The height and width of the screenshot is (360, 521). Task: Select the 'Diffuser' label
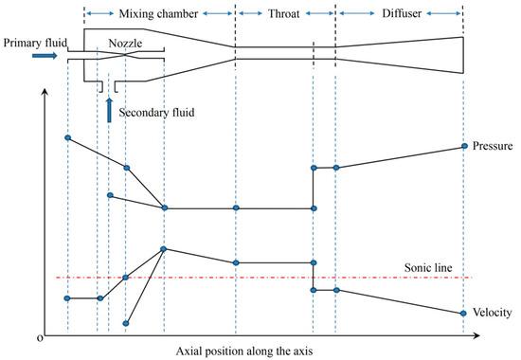point(398,14)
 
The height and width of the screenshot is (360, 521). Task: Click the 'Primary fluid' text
point(36,42)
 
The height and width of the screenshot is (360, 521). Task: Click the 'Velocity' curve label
point(491,313)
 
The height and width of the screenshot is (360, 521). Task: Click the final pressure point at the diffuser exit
point(463,146)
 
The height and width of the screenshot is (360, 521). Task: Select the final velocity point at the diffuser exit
point(463,313)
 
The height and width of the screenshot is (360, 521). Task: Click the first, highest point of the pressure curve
point(67,137)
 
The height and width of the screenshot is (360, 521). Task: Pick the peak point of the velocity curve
point(165,249)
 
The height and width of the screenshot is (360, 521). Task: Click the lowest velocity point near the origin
point(126,323)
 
